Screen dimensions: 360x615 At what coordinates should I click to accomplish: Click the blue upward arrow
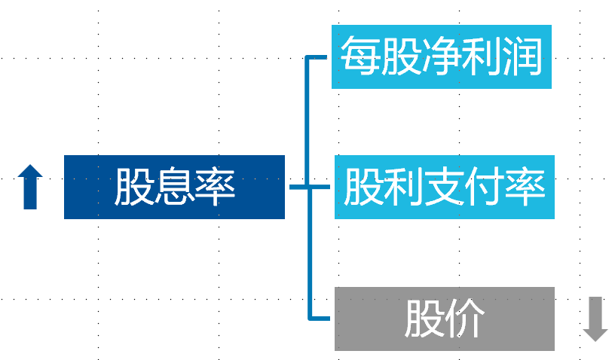point(30,187)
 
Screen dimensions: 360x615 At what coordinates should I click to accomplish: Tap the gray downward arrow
point(595,319)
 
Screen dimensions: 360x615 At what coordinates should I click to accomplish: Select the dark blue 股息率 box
point(174,187)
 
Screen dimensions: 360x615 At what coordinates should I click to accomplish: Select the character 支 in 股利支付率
point(444,187)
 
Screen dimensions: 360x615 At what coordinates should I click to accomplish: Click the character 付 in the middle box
point(485,187)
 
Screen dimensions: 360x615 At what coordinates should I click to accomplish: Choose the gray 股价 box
point(445,319)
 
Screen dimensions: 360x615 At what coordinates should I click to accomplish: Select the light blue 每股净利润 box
point(442,56)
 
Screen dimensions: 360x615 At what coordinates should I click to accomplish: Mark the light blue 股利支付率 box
point(445,187)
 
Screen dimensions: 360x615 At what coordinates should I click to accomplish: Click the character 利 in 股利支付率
point(403,187)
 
